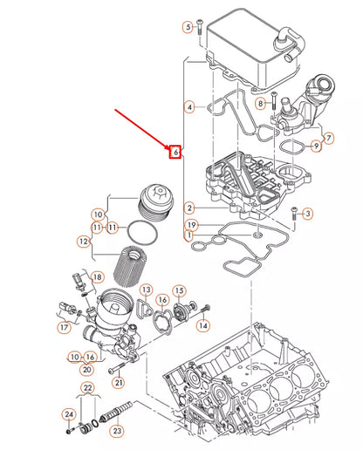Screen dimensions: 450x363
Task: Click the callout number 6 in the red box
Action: click(x=175, y=153)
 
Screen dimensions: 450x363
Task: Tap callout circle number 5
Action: click(x=188, y=28)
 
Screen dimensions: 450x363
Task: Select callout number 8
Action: click(x=260, y=104)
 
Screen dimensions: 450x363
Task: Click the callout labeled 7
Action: click(x=328, y=138)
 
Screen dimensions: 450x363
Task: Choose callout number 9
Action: click(x=316, y=146)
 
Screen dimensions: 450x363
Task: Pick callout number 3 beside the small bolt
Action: click(x=308, y=214)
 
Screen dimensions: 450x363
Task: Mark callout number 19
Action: click(x=190, y=225)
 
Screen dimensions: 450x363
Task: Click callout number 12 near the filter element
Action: click(x=83, y=241)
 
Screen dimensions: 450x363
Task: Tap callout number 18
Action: click(x=98, y=276)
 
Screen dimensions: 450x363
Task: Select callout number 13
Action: click(x=147, y=290)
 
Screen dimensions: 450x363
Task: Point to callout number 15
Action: click(x=178, y=290)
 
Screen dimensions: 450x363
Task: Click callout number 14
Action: click(x=203, y=325)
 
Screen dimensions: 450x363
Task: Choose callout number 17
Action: click(x=65, y=328)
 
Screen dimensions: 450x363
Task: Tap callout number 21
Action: click(x=119, y=383)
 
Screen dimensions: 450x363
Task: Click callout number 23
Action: click(x=118, y=429)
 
